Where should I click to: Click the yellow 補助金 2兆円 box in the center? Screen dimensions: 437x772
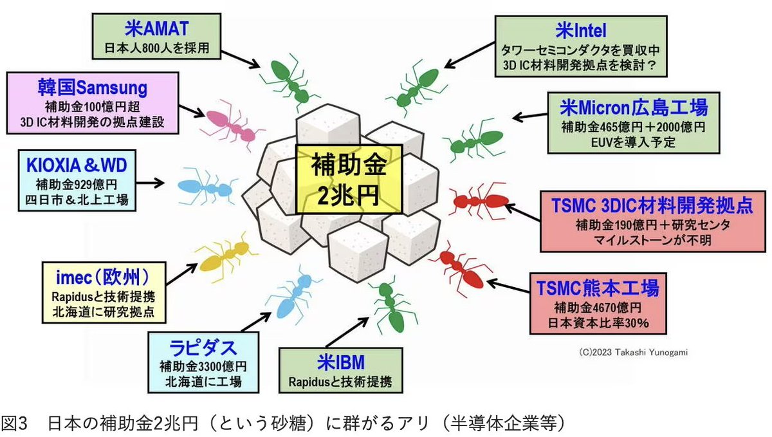349,179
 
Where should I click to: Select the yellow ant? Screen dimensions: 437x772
223,256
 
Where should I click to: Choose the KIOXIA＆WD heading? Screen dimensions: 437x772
77,165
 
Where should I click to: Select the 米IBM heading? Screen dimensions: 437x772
340,362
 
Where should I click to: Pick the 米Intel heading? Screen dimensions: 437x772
582,30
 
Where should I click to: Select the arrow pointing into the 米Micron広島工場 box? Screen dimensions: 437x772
528,117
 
